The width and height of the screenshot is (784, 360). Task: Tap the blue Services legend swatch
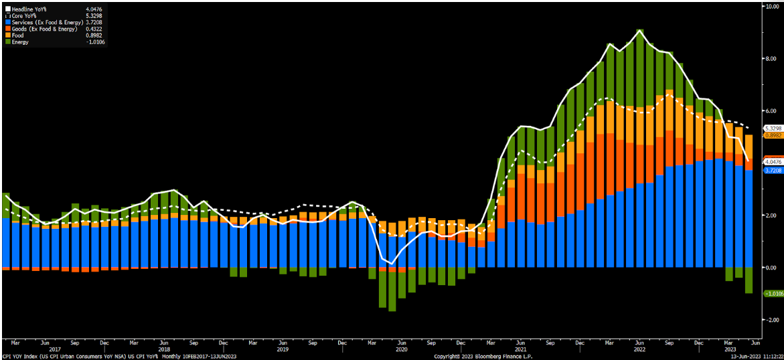click(7, 21)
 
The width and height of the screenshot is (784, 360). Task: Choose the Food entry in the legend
click(19, 35)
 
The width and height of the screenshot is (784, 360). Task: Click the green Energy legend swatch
click(7, 42)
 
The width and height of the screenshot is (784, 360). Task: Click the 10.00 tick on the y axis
click(772, 6)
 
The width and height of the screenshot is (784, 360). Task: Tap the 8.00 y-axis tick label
click(772, 58)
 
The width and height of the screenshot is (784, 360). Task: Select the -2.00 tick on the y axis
click(772, 320)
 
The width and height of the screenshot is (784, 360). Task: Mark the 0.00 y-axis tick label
click(772, 268)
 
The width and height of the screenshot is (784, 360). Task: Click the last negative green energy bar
click(749, 280)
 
